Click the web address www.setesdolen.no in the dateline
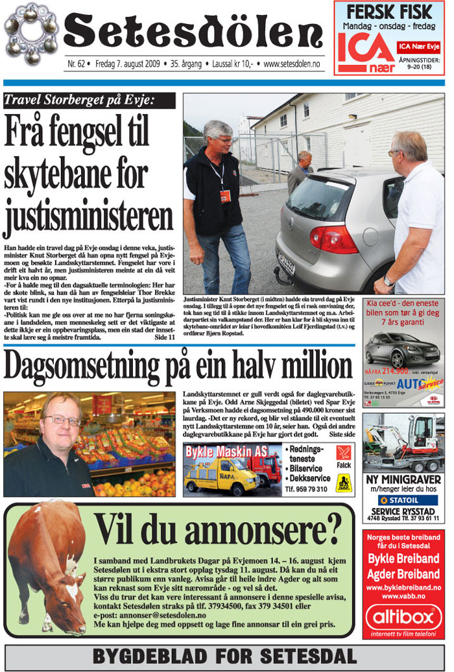(293, 64)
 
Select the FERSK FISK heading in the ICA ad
(389, 12)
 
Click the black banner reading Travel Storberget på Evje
(89, 100)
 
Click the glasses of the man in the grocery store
(62, 420)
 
